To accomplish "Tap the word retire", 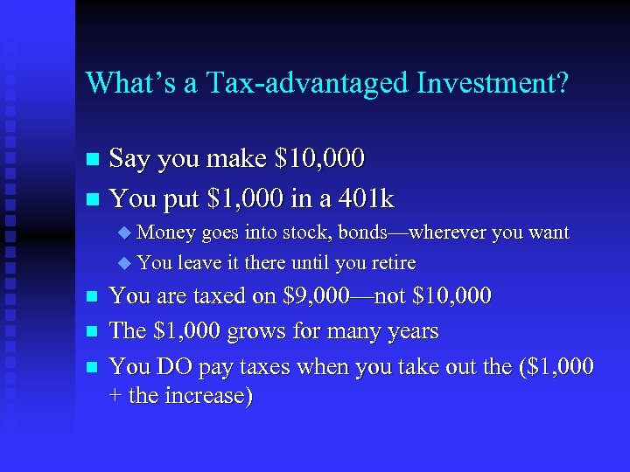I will coord(391,263).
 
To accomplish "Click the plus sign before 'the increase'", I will coord(115,397).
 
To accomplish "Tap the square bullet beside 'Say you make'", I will coord(94,160).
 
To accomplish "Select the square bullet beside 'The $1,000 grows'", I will coord(94,332).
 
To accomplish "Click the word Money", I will coord(166,233).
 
